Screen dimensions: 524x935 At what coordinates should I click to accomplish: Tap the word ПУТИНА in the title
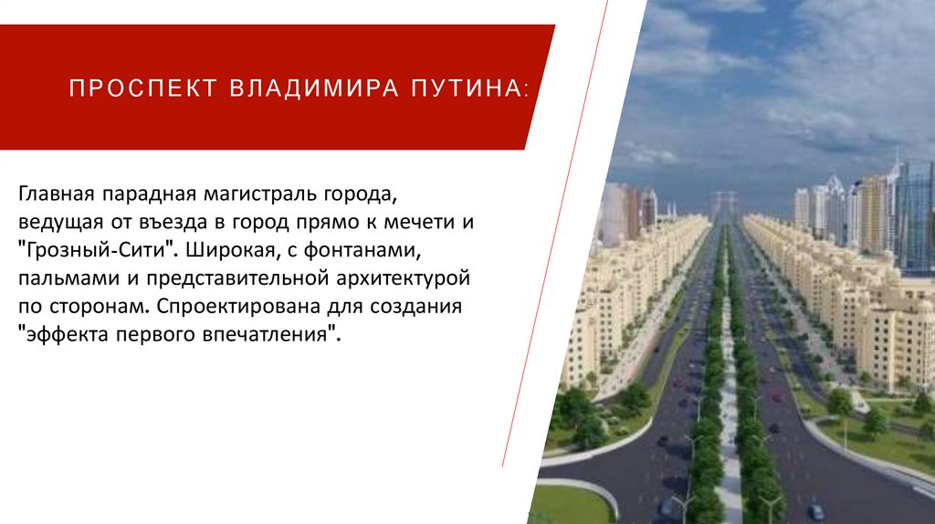pyautogui.click(x=471, y=89)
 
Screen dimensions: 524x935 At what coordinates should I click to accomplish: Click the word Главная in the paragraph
pyautogui.click(x=52, y=196)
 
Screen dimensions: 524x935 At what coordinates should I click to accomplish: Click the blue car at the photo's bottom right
pyautogui.click(x=815, y=511)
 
